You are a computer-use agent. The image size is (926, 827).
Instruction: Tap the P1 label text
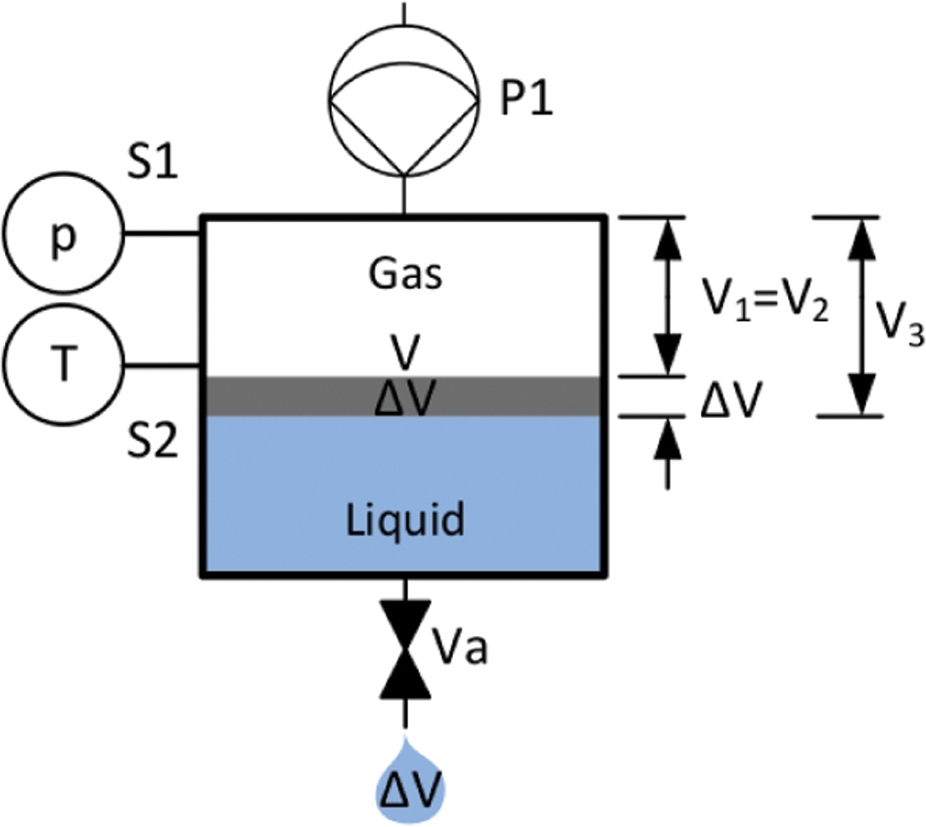point(527,99)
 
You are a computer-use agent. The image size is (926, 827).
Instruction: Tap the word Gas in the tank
point(405,273)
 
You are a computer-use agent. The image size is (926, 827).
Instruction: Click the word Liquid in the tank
point(405,520)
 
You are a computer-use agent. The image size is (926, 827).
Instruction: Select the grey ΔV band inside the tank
point(404,396)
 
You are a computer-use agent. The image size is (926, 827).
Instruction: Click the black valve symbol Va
point(405,649)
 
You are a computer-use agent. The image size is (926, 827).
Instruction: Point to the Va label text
point(459,648)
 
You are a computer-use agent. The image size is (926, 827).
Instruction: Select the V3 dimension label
point(899,325)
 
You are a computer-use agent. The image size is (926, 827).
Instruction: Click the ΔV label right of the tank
point(731,400)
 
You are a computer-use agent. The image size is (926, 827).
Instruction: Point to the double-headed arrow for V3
point(861,316)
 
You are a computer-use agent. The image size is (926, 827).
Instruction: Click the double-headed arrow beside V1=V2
point(668,297)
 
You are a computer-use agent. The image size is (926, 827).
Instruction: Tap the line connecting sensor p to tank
point(163,234)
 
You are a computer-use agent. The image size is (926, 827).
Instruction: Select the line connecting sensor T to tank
point(163,367)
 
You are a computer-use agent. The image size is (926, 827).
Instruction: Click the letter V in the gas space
point(406,352)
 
